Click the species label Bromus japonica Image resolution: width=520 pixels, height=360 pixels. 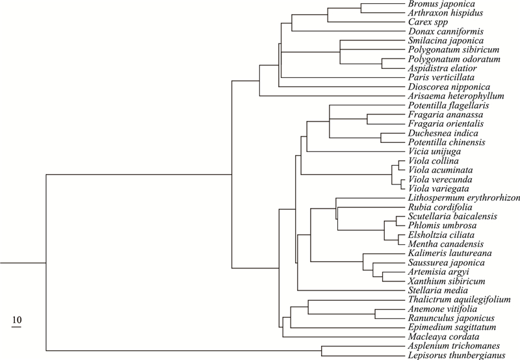click(x=441, y=4)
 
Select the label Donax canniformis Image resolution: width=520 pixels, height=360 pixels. click(x=446, y=31)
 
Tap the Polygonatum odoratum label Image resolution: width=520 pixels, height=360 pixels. click(x=454, y=59)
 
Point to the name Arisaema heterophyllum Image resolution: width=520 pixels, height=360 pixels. click(x=456, y=96)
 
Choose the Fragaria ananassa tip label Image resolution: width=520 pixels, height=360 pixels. click(x=445, y=115)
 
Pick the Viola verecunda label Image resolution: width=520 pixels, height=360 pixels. click(x=440, y=179)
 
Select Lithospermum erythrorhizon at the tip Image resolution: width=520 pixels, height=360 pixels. click(x=464, y=198)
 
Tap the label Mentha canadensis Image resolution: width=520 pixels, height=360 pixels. click(x=446, y=244)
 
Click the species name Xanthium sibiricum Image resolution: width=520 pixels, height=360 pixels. click(x=447, y=281)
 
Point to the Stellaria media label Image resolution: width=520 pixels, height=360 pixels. click(x=437, y=290)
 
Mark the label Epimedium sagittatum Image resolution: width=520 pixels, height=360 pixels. click(x=452, y=327)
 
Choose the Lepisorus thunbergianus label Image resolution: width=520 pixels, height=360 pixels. click(x=457, y=355)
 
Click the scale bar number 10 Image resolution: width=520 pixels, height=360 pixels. click(x=17, y=320)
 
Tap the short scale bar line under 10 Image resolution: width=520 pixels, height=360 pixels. click(x=16, y=326)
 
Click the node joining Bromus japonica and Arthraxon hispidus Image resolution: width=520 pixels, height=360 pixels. click(x=361, y=8)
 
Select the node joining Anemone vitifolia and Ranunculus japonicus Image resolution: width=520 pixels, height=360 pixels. click(x=375, y=314)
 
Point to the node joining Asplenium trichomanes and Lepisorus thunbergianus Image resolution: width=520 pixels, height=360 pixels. click(x=322, y=351)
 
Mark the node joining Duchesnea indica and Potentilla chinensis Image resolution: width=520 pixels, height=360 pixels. click(x=381, y=138)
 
